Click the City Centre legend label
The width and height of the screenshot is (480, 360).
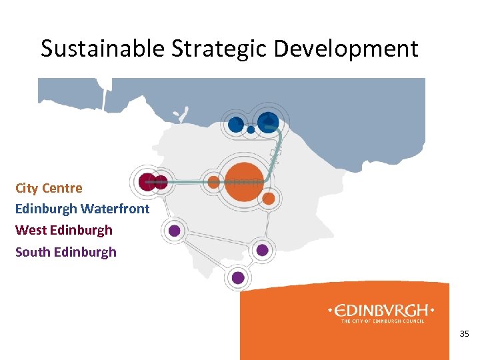coord(49,188)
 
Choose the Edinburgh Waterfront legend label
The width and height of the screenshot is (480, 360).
coord(82,209)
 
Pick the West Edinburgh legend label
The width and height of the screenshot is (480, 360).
coord(64,230)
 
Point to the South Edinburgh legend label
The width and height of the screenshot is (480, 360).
coord(66,252)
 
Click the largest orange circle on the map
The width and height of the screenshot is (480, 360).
coord(244,181)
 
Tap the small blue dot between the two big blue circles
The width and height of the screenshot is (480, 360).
coord(251,129)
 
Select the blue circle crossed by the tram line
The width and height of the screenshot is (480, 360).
coord(268,122)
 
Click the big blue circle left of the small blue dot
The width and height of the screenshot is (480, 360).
coord(235,124)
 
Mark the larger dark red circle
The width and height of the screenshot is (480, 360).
coord(147,181)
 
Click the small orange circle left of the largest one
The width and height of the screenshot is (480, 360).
coord(214,181)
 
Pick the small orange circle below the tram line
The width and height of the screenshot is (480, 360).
coord(269,199)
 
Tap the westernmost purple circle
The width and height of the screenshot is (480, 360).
coord(174,231)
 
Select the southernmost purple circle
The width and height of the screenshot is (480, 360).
coord(238,277)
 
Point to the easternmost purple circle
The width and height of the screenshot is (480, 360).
coord(263,250)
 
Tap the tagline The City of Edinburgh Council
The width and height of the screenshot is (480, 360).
coord(383,321)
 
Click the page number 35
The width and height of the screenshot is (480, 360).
coord(465,333)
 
